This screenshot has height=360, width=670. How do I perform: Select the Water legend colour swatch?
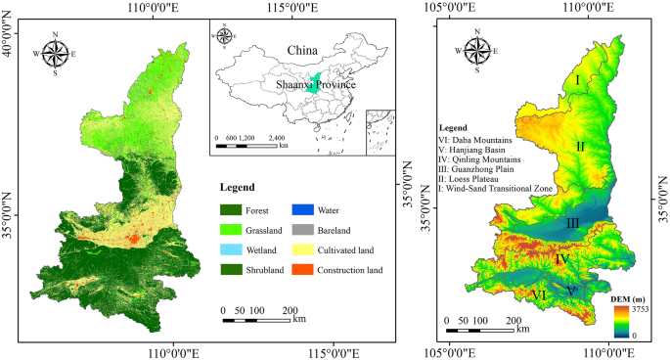(304, 208)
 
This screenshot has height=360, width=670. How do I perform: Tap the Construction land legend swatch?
(304, 269)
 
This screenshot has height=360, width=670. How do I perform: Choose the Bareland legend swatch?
(304, 229)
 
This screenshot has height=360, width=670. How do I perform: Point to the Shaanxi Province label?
(316, 85)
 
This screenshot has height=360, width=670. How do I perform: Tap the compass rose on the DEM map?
(478, 53)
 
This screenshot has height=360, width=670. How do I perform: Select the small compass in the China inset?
(223, 38)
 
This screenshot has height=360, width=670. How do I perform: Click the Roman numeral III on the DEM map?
(572, 224)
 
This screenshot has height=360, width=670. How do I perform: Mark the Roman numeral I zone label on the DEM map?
(578, 79)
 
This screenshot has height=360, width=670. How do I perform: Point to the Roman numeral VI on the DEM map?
(538, 294)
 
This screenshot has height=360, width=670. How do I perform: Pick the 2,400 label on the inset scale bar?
(276, 138)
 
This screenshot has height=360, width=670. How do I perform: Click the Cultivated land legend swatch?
(304, 248)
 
